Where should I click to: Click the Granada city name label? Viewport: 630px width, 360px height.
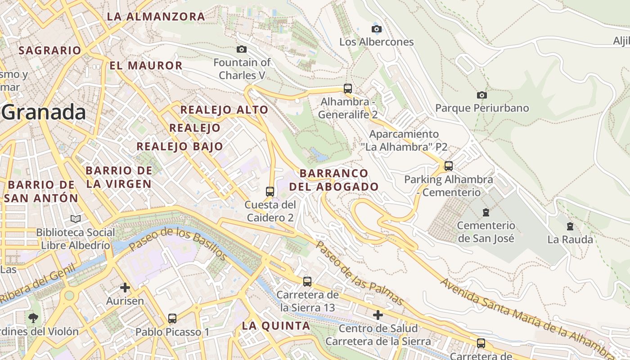click(x=44, y=112)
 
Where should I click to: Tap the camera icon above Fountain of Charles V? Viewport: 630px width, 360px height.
click(x=242, y=49)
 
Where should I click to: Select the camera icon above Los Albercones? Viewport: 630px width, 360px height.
click(x=377, y=29)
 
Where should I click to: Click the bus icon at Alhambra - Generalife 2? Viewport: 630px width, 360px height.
click(x=348, y=88)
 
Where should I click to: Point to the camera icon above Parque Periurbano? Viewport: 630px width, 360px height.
click(x=482, y=95)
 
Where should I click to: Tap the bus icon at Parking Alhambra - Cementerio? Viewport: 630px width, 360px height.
click(x=449, y=166)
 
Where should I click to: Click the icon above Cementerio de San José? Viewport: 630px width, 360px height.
click(x=486, y=212)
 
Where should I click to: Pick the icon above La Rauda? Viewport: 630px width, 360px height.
click(x=570, y=226)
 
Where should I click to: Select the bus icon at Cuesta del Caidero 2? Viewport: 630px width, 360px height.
click(x=270, y=191)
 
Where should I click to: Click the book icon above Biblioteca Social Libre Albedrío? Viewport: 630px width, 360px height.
click(x=76, y=219)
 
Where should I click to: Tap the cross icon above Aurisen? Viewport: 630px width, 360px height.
click(x=125, y=287)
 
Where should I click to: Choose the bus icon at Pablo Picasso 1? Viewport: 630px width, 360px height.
click(x=172, y=319)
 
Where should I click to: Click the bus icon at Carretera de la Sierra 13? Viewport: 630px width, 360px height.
click(x=307, y=282)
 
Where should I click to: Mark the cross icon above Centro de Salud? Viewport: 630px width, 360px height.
click(x=378, y=315)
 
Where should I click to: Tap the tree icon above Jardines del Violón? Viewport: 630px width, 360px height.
click(x=33, y=318)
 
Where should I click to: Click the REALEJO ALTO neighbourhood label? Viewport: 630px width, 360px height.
click(x=224, y=110)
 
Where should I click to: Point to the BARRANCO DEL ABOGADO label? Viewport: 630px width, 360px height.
click(x=334, y=180)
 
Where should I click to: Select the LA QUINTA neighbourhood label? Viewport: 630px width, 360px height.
click(x=276, y=326)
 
